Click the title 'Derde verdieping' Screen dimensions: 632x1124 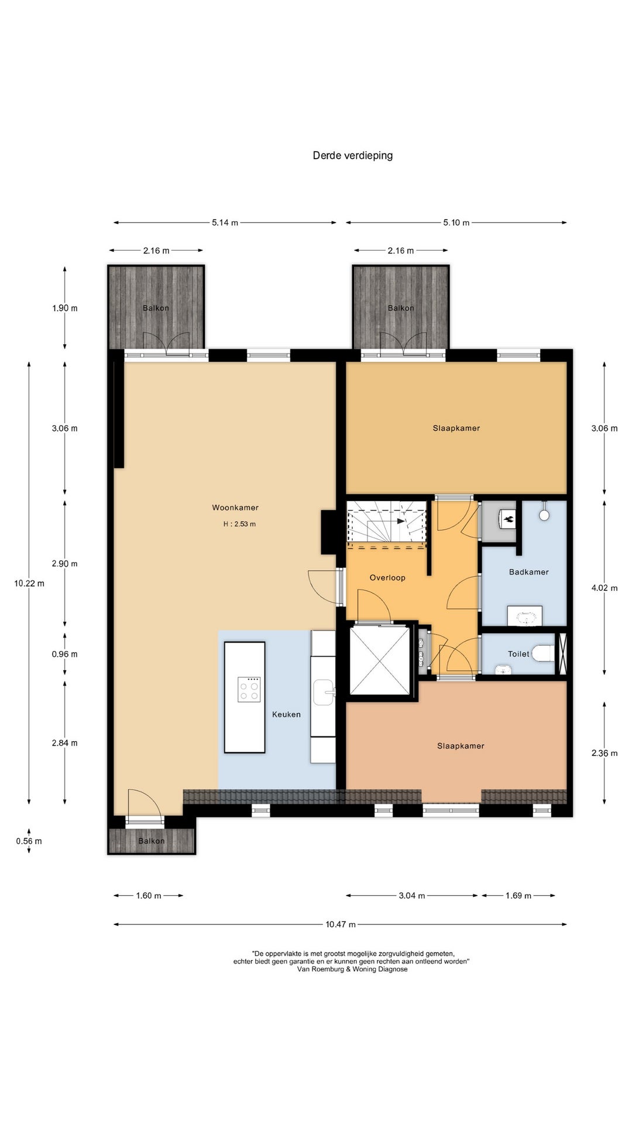click(x=352, y=155)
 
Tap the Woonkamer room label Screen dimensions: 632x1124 click(x=235, y=508)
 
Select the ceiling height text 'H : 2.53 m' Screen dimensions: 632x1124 click(x=239, y=524)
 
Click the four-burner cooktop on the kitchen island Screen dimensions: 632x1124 click(x=249, y=689)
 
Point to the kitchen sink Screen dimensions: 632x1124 click(x=324, y=693)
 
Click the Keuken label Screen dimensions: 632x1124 click(x=286, y=714)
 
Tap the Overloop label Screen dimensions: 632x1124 click(x=387, y=578)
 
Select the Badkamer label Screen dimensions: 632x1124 click(x=529, y=572)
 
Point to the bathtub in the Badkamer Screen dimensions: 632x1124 click(x=525, y=616)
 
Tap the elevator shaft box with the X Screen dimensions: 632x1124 click(x=380, y=660)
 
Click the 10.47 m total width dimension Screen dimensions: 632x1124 click(x=340, y=924)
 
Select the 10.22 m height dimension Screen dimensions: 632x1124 click(x=29, y=583)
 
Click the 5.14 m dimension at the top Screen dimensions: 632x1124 click(x=225, y=222)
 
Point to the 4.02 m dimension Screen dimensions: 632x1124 click(x=604, y=588)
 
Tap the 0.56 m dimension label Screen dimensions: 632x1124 click(x=29, y=841)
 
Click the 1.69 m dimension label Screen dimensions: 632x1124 click(x=518, y=896)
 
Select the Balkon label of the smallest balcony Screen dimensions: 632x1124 click(x=152, y=841)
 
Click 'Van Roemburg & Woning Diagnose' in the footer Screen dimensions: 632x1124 click(x=352, y=969)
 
